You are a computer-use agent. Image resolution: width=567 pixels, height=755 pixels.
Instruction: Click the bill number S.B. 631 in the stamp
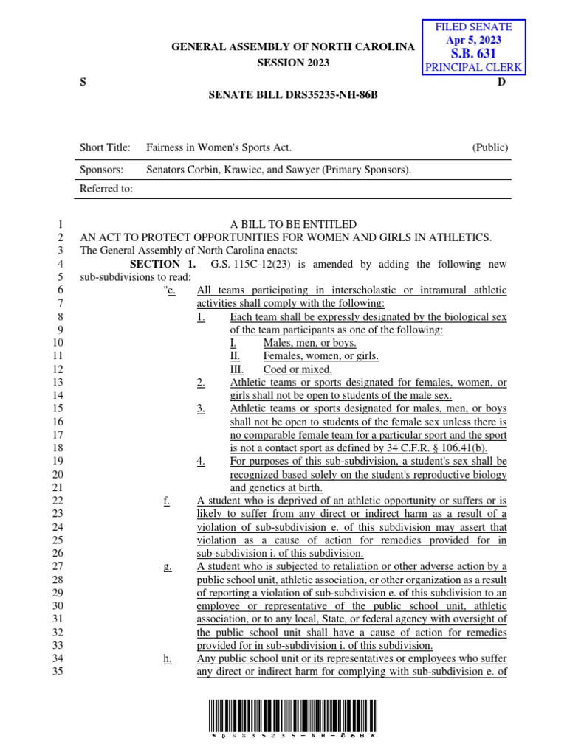pos(474,54)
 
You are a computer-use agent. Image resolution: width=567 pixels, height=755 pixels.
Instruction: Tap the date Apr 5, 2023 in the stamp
pos(474,40)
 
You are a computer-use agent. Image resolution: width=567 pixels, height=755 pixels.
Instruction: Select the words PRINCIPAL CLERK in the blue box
pos(474,68)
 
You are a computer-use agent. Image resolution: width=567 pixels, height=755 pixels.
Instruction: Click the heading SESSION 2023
pos(293,63)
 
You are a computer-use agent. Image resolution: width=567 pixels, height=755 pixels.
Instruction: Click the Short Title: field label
pos(105,147)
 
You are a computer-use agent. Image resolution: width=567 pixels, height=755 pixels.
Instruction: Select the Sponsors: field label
pos(103,170)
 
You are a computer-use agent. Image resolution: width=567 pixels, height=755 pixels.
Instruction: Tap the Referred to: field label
pos(106,189)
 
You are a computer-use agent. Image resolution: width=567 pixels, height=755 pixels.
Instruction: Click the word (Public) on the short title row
pos(490,147)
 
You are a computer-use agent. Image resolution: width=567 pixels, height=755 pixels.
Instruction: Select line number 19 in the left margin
pos(59,462)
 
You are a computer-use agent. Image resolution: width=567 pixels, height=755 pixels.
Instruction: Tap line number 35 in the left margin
pos(59,672)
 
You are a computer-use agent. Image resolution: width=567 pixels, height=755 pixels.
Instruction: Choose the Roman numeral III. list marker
pos(237,369)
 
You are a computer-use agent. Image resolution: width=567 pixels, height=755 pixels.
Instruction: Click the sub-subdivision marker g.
pos(167,567)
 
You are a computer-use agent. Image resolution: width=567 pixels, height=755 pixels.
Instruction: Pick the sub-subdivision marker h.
pos(167,659)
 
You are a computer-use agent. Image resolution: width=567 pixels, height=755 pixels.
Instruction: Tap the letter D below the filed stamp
pos(501,82)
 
